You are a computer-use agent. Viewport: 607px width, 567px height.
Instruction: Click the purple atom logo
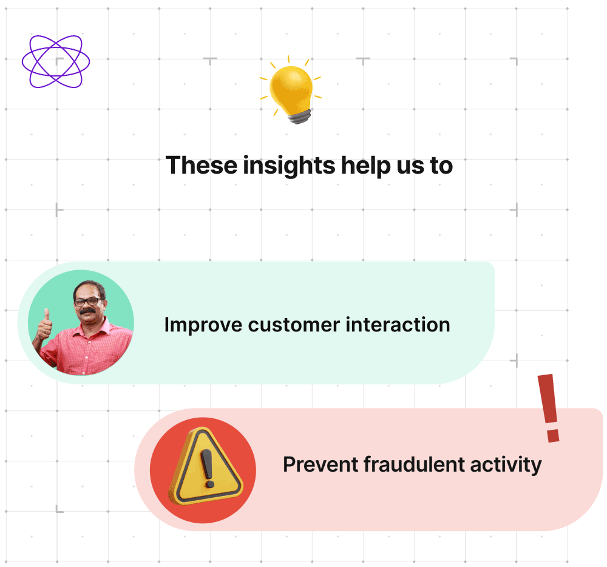tap(56, 61)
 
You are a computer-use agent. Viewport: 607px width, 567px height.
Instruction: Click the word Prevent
tap(320, 465)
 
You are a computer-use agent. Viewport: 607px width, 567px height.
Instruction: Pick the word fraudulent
tap(407, 465)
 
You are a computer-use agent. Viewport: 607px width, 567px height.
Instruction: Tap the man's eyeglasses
tap(88, 301)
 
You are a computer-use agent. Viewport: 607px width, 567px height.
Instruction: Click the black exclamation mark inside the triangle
tap(208, 468)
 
